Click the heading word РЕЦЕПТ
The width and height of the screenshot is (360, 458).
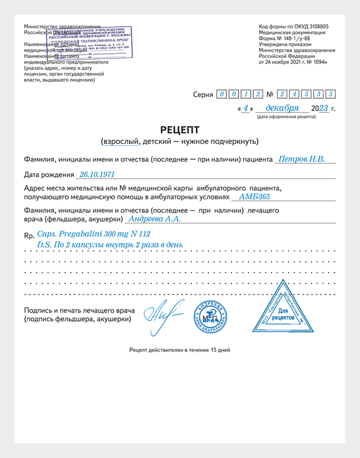179,129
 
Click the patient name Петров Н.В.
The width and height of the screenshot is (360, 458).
301,159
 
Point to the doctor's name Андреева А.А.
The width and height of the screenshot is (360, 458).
154,218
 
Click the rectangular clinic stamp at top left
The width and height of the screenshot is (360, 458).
88,42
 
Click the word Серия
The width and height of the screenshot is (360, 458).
203,95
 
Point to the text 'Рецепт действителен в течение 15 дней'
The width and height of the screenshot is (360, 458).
179,350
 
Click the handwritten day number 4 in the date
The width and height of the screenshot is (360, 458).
246,108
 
